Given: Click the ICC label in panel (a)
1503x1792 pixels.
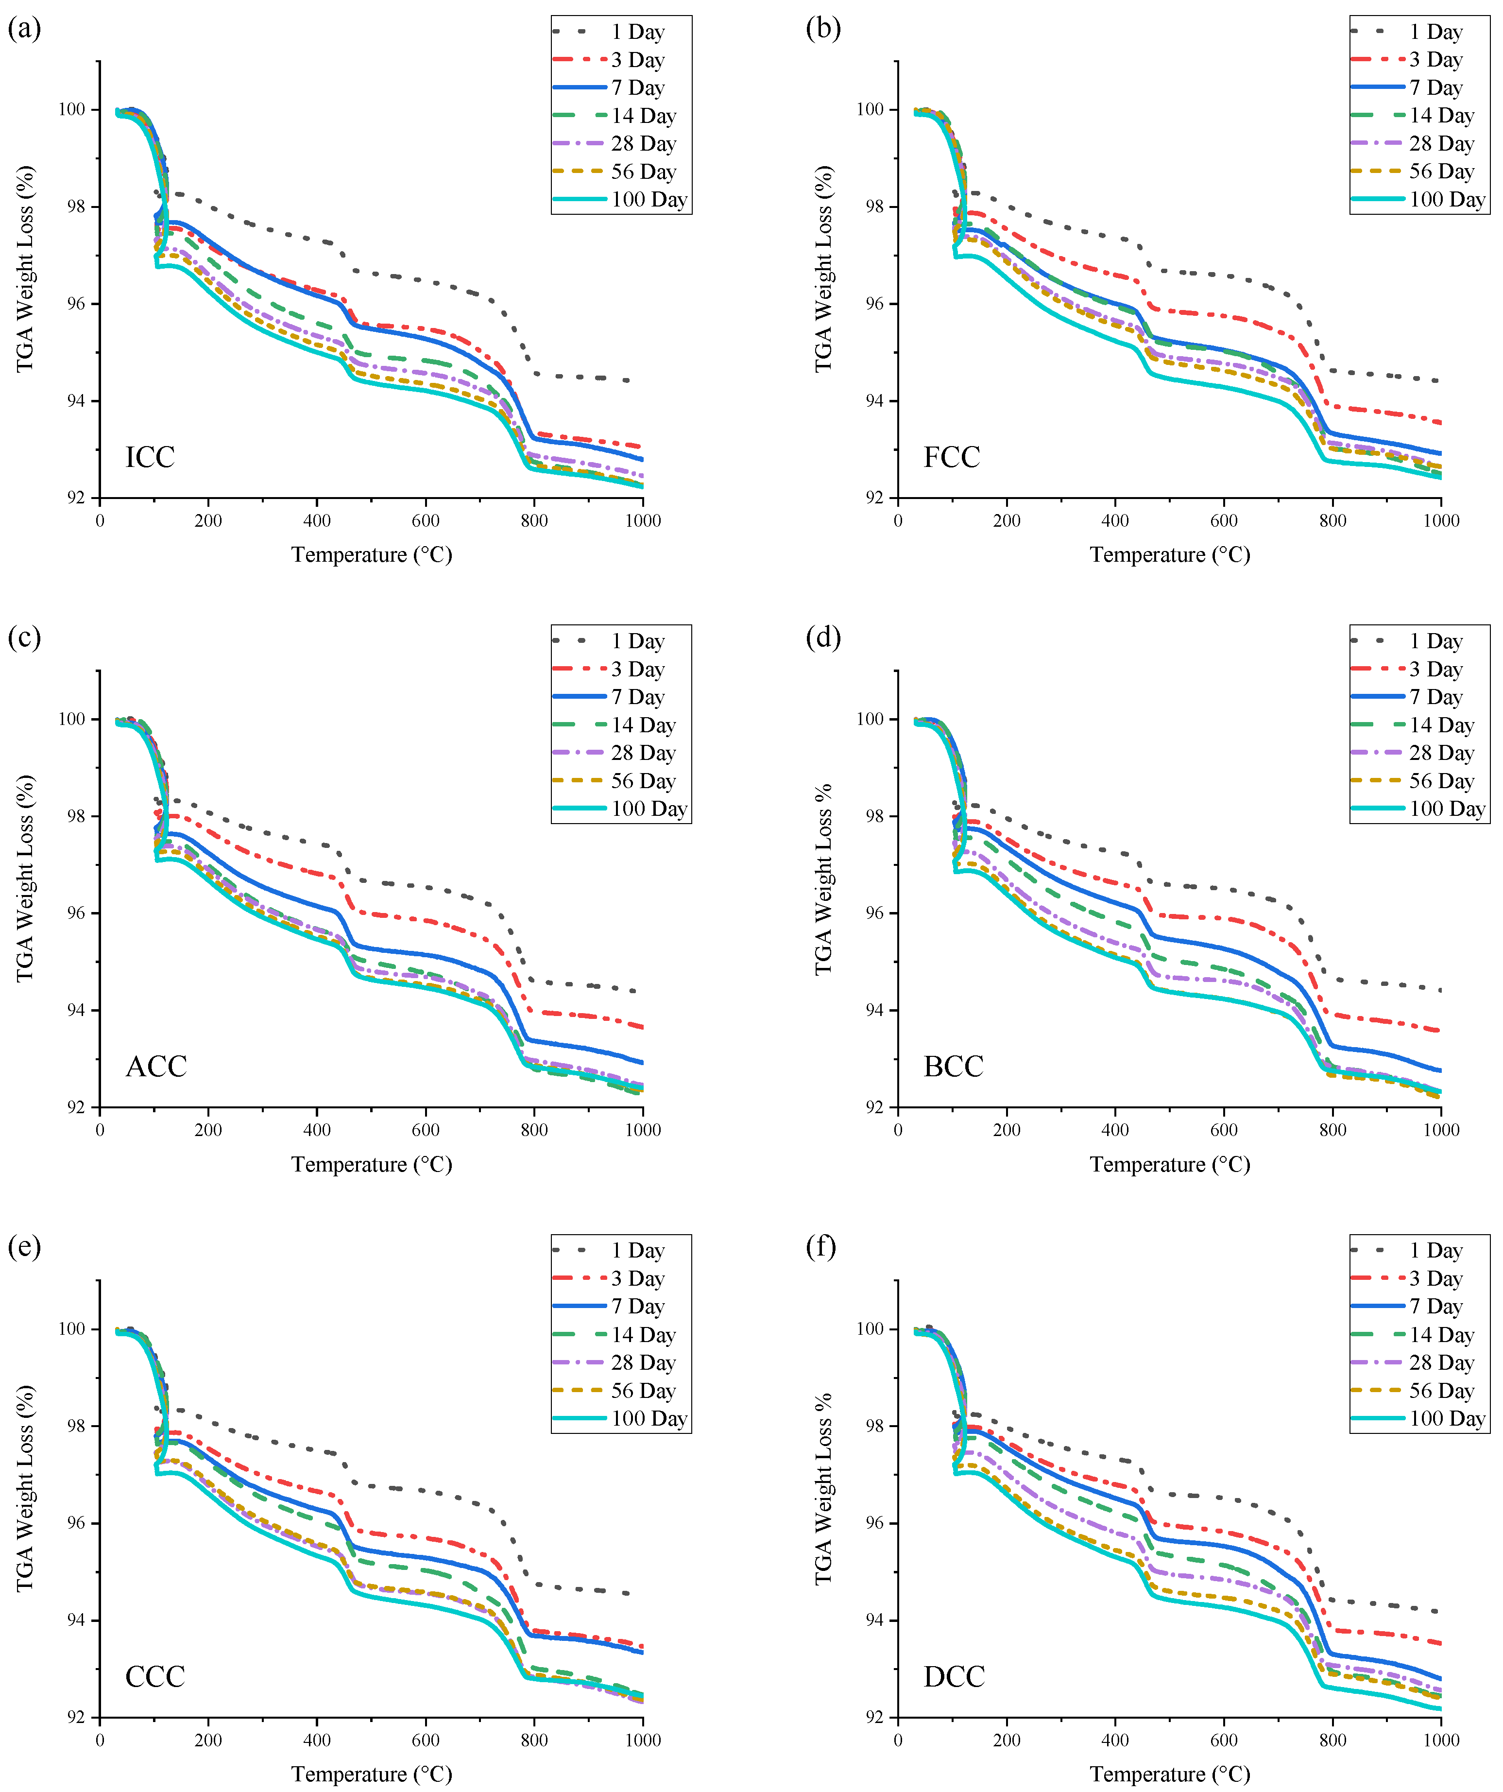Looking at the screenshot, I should pos(150,457).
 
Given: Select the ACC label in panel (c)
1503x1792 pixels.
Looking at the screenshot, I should pos(155,1067).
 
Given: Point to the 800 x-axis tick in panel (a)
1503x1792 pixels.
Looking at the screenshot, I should pos(534,520).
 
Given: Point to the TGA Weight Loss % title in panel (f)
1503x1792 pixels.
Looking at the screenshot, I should pos(823,1489).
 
